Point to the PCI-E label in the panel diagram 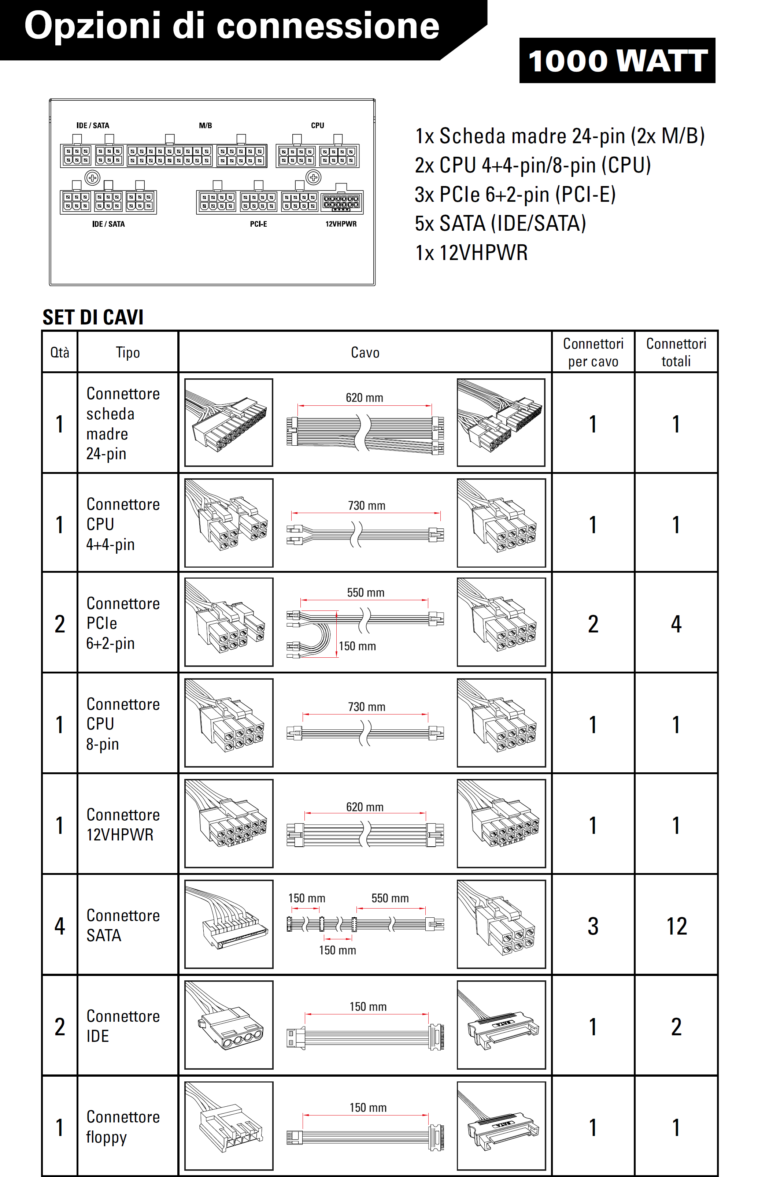coord(258,224)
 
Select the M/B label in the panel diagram coord(206,126)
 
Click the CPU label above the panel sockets coord(317,126)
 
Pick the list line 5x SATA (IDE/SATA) coord(500,223)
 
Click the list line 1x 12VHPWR coord(471,253)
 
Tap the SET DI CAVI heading coord(93,318)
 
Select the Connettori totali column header coord(676,352)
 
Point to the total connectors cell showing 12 coord(676,926)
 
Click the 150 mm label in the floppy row coord(368,1108)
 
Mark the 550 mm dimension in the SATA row coord(390,898)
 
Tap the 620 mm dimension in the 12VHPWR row coord(365,807)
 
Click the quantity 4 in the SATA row coord(60,926)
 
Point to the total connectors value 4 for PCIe coord(676,624)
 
